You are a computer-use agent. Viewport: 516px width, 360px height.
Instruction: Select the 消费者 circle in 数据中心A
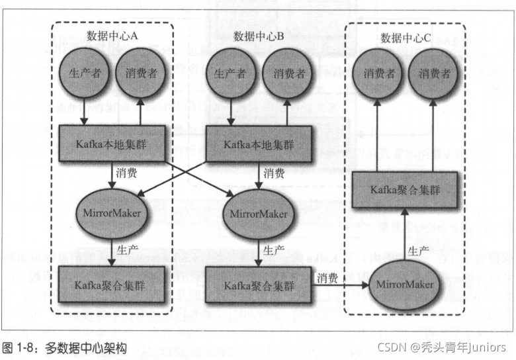(x=140, y=74)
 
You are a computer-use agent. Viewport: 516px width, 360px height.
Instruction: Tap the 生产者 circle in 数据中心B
(x=230, y=74)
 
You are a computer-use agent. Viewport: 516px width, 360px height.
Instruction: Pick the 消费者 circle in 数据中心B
(x=287, y=74)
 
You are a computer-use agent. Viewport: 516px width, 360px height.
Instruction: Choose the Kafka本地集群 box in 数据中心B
(x=259, y=142)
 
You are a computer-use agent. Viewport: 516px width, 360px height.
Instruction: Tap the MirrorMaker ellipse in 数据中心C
(x=405, y=285)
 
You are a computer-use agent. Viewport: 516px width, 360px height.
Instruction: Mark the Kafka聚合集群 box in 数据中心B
(x=259, y=285)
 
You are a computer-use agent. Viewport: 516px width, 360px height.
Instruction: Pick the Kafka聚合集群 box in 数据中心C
(x=405, y=190)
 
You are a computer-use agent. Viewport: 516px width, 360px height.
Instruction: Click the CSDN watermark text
(x=442, y=347)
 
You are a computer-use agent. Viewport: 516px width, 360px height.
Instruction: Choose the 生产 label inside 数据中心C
(x=418, y=251)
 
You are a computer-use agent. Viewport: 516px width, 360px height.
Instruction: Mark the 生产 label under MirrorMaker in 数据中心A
(x=127, y=249)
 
